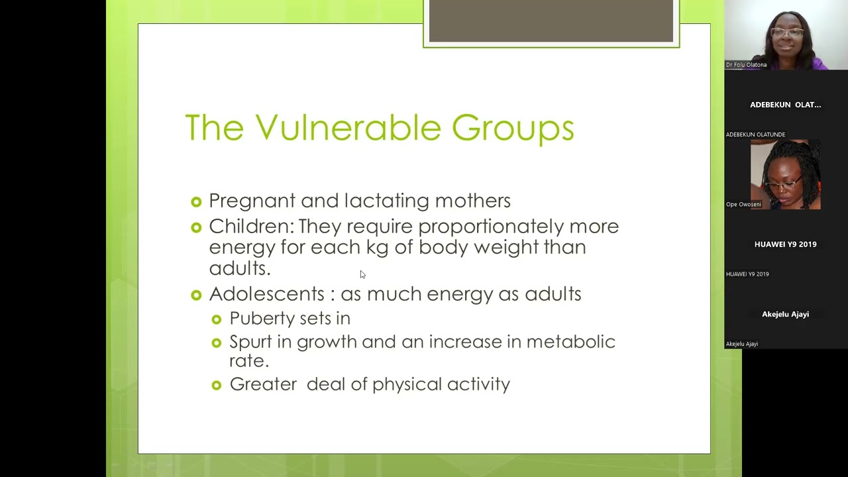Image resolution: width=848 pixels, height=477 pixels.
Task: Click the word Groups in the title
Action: point(513,129)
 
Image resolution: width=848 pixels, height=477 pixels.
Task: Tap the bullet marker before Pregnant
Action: point(195,201)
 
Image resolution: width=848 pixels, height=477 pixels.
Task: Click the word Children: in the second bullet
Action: point(251,227)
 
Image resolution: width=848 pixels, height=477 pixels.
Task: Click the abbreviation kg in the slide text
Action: point(377,247)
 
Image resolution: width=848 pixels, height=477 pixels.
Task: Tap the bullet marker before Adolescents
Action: point(195,295)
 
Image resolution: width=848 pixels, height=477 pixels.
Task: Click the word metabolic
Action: point(570,342)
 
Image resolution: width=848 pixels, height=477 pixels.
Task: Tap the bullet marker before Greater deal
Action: point(216,385)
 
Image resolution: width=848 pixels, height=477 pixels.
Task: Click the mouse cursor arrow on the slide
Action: point(362,274)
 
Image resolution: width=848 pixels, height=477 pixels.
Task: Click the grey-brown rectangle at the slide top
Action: point(551,21)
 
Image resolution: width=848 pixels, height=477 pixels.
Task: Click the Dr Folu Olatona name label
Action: point(746,65)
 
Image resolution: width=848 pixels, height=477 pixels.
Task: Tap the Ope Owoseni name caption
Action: point(743,204)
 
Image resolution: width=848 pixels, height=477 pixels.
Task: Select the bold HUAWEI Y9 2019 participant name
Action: point(785,244)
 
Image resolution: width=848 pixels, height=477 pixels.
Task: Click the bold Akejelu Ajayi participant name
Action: point(785,314)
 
